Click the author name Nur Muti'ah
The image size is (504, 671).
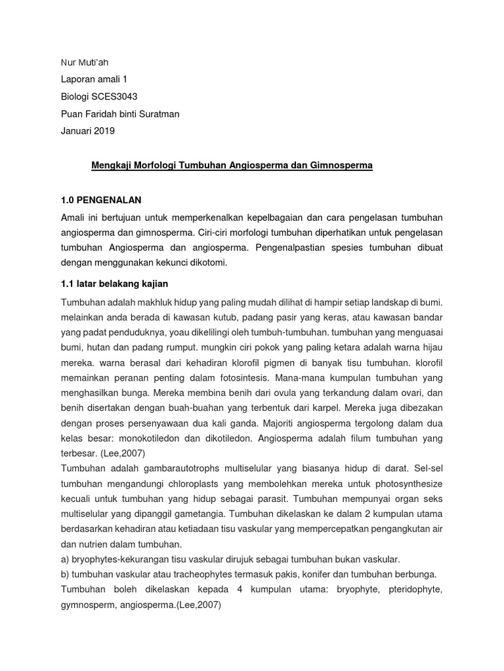coord(85,62)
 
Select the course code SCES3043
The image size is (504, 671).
coord(115,96)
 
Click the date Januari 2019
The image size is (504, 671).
coord(88,130)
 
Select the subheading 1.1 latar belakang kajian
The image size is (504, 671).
coord(115,283)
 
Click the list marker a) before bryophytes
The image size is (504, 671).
coord(66,559)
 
